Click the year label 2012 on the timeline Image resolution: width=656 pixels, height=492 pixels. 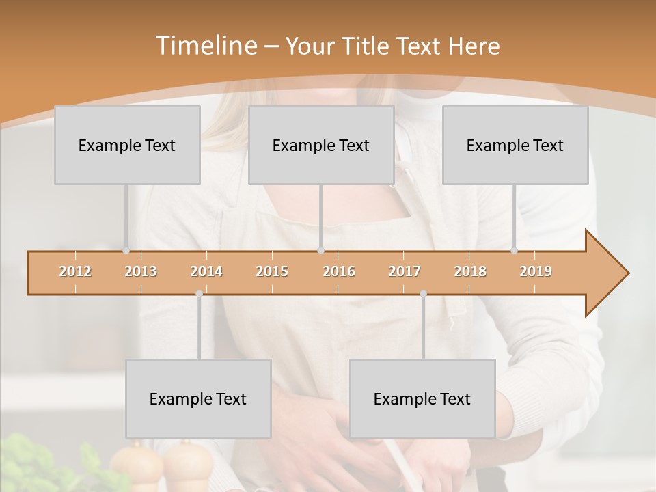[x=75, y=271]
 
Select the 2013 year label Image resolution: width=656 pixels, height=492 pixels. [x=141, y=271]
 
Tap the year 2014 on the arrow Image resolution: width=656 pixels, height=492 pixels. [x=206, y=271]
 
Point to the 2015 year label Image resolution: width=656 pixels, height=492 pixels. [x=272, y=271]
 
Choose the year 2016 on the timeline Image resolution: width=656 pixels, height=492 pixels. [x=339, y=271]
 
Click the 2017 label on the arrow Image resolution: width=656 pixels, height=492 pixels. [x=405, y=271]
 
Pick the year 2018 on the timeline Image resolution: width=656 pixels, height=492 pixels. [x=470, y=271]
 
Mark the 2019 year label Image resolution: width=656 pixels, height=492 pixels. [x=536, y=271]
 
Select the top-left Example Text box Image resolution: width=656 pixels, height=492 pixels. [x=127, y=145]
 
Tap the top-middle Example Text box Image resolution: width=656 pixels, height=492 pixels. [x=321, y=145]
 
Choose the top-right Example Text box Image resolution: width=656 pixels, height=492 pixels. [x=515, y=145]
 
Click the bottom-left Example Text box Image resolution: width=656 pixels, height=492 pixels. [x=198, y=398]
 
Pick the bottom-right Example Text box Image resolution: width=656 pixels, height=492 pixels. [x=422, y=398]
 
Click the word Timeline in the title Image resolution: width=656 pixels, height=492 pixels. [x=205, y=46]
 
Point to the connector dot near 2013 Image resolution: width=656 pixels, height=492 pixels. [x=126, y=251]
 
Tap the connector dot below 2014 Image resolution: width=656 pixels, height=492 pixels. [x=199, y=294]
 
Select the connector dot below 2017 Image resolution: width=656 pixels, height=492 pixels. [x=423, y=294]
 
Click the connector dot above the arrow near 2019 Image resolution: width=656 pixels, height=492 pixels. [x=515, y=251]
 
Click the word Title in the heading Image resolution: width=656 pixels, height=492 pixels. [x=369, y=46]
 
